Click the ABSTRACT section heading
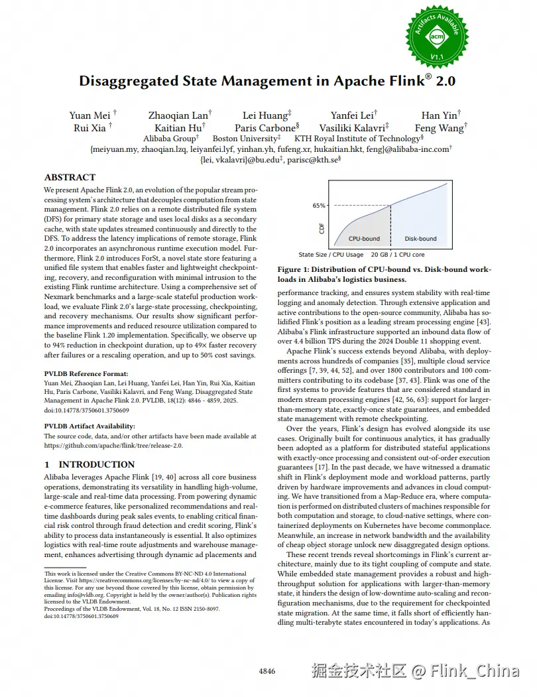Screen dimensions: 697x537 [70, 178]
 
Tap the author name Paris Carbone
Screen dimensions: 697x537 [265, 128]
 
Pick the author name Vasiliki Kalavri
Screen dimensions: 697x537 [351, 128]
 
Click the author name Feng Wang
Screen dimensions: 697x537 [439, 128]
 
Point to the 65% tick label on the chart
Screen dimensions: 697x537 [319, 206]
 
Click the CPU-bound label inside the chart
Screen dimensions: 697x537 [364, 239]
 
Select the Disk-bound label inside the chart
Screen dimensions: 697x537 [420, 239]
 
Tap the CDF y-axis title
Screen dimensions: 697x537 [322, 228]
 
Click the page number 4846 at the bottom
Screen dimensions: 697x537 [267, 672]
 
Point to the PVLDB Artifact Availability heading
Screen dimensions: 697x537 [89, 426]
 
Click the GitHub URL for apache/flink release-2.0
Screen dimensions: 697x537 [113, 446]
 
